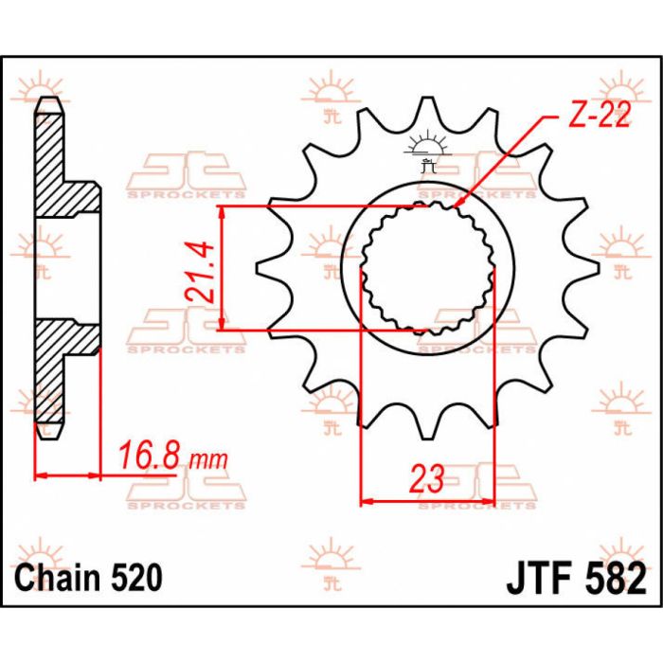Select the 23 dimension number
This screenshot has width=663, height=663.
[x=428, y=479]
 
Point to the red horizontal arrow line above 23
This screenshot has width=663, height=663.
[x=428, y=500]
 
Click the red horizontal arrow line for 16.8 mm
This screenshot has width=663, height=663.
[x=67, y=473]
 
